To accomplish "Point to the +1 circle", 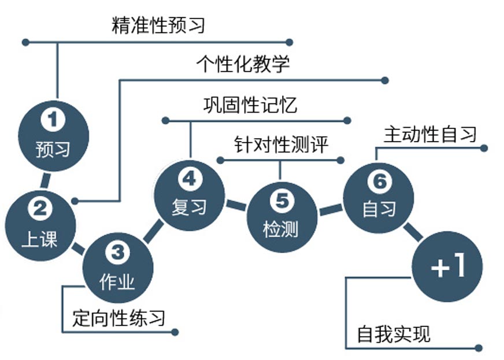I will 447,267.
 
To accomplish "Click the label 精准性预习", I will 158,25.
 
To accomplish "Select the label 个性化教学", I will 243,63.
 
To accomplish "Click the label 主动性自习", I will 430,134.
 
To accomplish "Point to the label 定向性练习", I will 118,317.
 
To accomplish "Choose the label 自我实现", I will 393,334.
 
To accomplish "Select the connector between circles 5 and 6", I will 330,209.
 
